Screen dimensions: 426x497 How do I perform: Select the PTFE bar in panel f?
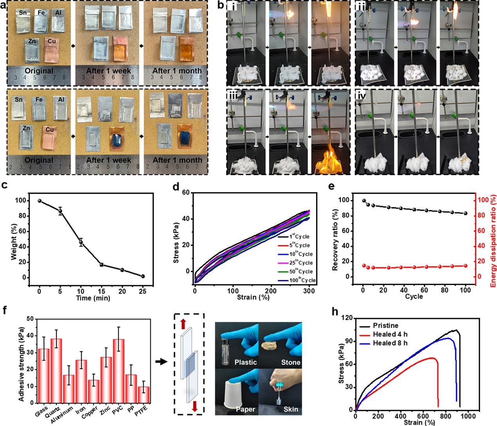click(144, 395)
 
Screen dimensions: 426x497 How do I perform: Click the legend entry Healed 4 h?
click(390, 334)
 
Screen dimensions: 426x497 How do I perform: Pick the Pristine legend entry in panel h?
click(385, 326)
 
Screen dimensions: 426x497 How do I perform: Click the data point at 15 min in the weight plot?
click(101, 265)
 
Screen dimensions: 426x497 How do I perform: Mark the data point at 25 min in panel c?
click(143, 276)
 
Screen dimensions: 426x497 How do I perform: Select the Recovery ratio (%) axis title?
click(335, 239)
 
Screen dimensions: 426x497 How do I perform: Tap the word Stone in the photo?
click(291, 362)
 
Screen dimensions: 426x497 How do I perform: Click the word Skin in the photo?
click(291, 409)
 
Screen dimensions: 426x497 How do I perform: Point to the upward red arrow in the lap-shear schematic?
click(183, 324)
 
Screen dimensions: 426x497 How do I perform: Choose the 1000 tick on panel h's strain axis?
click(469, 416)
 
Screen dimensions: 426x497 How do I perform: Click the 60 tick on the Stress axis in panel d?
click(185, 193)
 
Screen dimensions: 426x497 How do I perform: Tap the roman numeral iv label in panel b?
click(361, 95)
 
